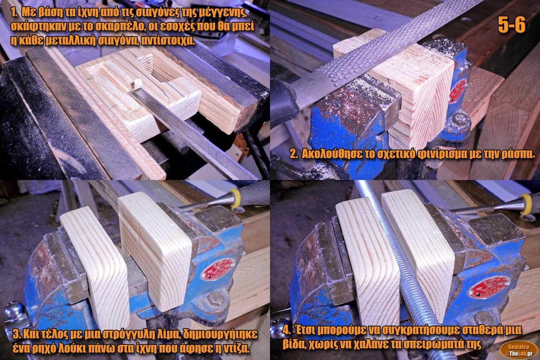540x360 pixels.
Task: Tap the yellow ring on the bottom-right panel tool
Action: [x=526, y=204]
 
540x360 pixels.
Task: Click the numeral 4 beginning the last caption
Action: [x=286, y=330]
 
